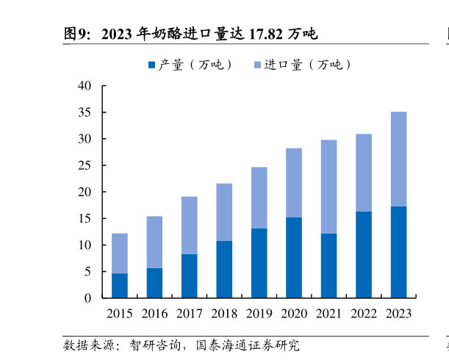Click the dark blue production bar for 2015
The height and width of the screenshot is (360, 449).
(x=119, y=285)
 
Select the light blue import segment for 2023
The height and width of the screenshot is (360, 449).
(x=398, y=159)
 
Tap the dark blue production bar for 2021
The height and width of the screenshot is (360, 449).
(x=328, y=265)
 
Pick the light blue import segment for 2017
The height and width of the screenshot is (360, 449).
(x=189, y=225)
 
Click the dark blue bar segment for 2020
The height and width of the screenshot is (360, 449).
(x=294, y=257)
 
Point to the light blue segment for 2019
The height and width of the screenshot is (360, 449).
(x=259, y=198)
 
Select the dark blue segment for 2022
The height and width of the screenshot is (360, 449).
(x=364, y=254)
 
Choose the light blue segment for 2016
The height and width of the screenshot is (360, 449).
(x=154, y=242)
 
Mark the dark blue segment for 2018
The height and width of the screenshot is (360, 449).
(x=224, y=269)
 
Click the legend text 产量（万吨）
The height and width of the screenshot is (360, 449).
(x=195, y=65)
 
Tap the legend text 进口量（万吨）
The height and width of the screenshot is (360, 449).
(x=308, y=65)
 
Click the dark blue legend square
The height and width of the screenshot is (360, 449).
(x=152, y=65)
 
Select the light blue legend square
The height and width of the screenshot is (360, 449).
(x=257, y=65)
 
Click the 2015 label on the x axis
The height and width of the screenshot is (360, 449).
(x=120, y=314)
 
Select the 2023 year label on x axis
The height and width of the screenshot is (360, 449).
(x=398, y=314)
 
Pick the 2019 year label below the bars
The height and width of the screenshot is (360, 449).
(x=259, y=314)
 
